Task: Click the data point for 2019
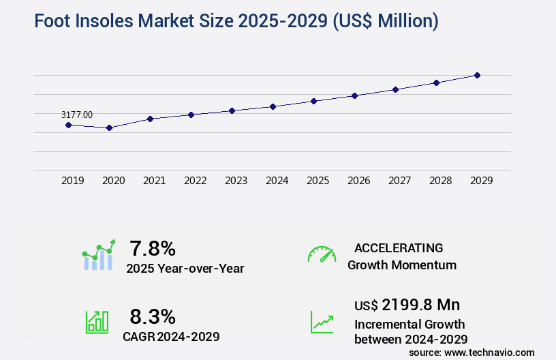(x=68, y=125)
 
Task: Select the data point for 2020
(x=109, y=127)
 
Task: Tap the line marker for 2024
(x=273, y=106)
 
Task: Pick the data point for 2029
(x=477, y=75)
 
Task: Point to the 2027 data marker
(x=395, y=89)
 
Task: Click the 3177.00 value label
(x=77, y=115)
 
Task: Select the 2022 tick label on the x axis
(x=195, y=181)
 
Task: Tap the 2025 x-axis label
(x=318, y=181)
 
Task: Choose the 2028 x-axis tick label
(x=440, y=181)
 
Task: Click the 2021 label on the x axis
(x=154, y=181)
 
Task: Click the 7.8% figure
(x=153, y=247)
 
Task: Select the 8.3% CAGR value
(x=153, y=316)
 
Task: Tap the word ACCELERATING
(x=399, y=247)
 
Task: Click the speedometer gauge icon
(x=322, y=254)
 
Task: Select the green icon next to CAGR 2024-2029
(x=97, y=322)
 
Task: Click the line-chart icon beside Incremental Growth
(x=322, y=322)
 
